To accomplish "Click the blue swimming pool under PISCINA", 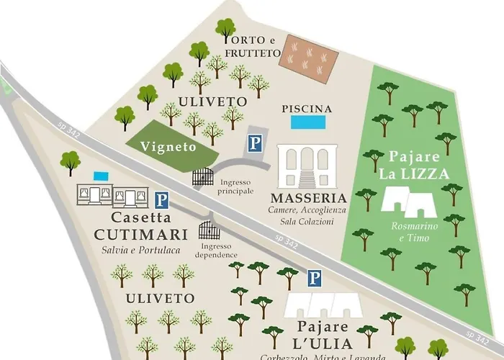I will click(307, 123).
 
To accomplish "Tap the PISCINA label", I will click(307, 109).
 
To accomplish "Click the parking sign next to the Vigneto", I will click(256, 144).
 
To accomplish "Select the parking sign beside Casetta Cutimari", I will click(163, 199).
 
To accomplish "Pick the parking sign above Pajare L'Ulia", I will click(314, 277).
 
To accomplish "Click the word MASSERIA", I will click(308, 197).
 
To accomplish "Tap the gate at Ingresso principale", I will click(203, 177).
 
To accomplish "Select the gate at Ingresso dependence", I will click(209, 232).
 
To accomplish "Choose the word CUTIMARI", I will click(141, 234).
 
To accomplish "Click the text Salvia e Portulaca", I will click(140, 250).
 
